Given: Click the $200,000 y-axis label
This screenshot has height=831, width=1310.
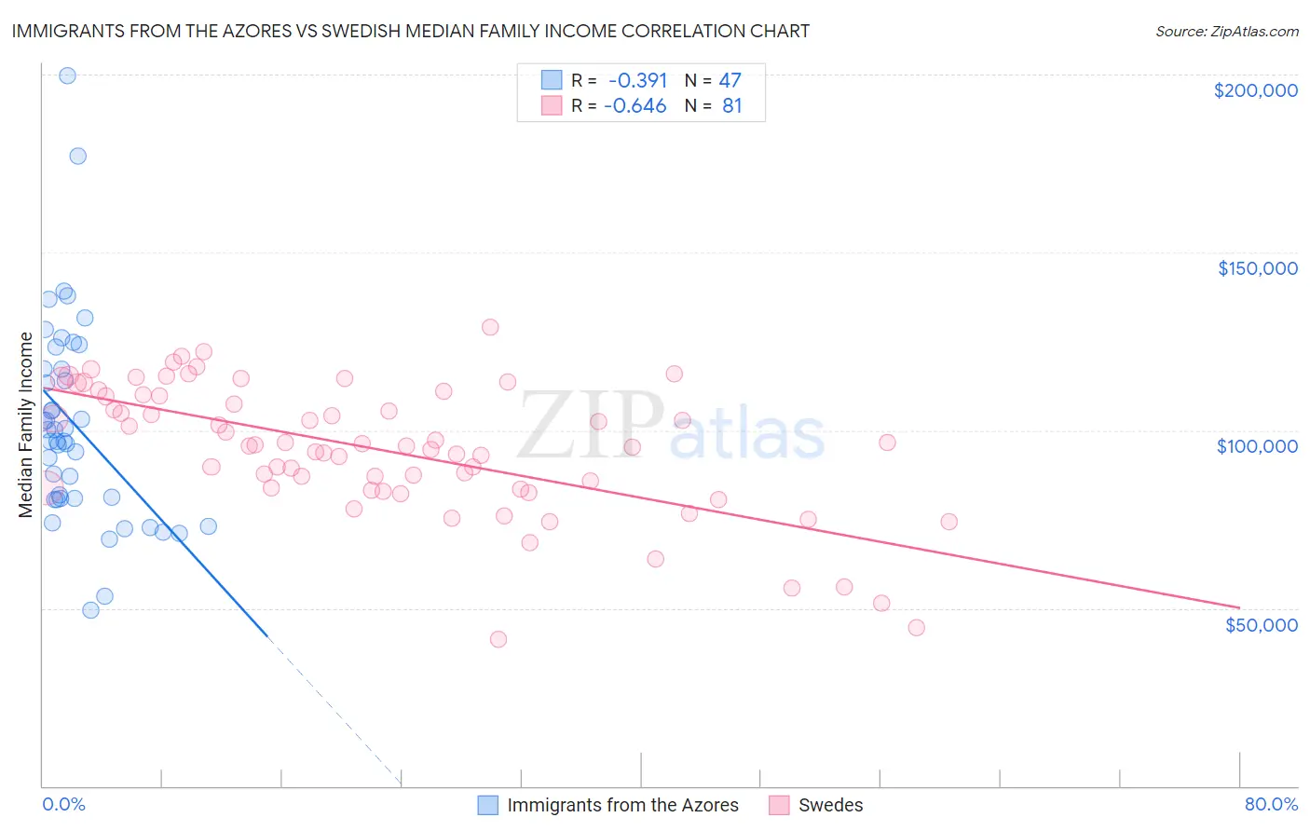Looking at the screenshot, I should (x=1255, y=90).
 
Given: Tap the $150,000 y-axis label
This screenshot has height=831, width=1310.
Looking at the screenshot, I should (x=1257, y=268).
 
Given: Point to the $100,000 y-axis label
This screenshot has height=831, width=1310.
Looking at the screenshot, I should (x=1257, y=446).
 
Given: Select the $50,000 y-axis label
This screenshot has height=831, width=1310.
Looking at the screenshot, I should (x=1261, y=624).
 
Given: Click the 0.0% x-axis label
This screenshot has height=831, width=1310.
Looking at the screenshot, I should (x=63, y=804).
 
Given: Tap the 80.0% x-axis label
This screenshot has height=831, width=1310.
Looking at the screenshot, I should (x=1271, y=804).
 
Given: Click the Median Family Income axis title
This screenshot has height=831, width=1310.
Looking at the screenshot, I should (x=26, y=425).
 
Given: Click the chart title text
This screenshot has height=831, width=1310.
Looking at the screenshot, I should (x=410, y=31).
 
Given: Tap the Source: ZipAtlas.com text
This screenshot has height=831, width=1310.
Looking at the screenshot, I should (x=1226, y=31).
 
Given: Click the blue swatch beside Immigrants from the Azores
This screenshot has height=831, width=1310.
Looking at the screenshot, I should (x=488, y=805).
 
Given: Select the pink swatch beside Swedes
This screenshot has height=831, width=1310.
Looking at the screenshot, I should (x=780, y=805).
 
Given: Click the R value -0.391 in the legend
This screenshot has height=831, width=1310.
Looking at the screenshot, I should (x=637, y=80).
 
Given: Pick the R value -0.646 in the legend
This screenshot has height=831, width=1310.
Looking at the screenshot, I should (x=635, y=105).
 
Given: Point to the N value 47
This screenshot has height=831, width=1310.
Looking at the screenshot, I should (x=730, y=80).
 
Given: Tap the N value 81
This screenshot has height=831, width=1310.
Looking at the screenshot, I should (x=731, y=105).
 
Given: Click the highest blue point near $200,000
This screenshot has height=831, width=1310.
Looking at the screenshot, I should (x=67, y=75).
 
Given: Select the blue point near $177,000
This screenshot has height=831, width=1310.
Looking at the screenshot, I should (x=78, y=156).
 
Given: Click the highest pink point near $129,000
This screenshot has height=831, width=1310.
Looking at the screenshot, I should (x=490, y=327).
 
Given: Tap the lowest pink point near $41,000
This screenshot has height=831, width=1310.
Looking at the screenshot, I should (x=498, y=639).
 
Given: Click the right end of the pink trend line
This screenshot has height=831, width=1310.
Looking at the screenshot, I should (x=1239, y=607).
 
